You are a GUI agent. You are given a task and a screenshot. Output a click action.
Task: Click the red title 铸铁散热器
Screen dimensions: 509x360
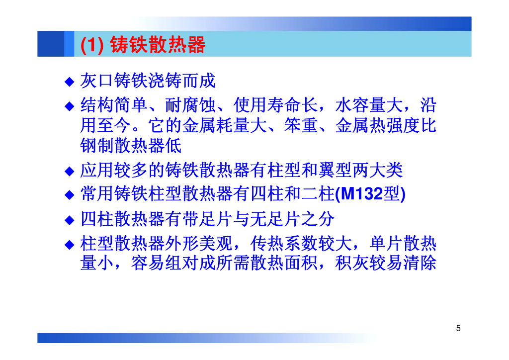(x=158, y=44)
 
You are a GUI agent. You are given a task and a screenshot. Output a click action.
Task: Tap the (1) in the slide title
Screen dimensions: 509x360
(x=92, y=45)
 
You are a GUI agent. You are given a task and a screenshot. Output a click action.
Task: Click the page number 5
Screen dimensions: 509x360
(x=458, y=328)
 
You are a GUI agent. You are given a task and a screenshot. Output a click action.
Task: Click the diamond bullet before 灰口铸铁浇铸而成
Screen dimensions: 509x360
(x=70, y=81)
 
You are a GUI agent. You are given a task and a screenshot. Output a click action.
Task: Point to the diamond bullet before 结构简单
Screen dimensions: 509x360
(x=70, y=106)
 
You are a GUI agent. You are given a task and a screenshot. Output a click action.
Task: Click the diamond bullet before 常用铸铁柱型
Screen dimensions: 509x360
(x=70, y=195)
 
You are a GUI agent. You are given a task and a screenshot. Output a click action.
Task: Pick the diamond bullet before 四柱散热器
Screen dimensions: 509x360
(x=70, y=220)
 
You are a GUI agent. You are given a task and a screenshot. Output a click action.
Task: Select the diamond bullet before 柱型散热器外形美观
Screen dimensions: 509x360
(x=70, y=245)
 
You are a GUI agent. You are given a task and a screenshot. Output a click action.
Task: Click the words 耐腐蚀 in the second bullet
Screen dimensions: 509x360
(x=190, y=105)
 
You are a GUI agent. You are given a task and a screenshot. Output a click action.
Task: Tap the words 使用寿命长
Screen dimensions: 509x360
(x=275, y=105)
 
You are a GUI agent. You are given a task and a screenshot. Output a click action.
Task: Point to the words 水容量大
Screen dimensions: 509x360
(x=369, y=105)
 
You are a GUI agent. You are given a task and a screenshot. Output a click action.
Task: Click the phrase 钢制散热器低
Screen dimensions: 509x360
(x=131, y=145)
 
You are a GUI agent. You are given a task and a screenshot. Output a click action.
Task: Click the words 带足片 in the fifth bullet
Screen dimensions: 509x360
(x=208, y=219)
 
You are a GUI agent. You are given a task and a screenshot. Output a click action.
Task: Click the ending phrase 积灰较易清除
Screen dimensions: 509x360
(x=386, y=263)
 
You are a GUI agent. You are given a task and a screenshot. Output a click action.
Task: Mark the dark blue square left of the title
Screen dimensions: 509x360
(x=51, y=44)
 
